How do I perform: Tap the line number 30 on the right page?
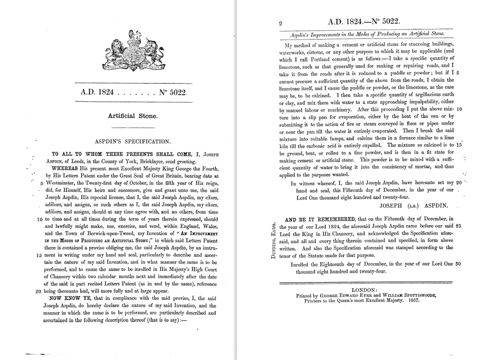coord(459,264)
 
